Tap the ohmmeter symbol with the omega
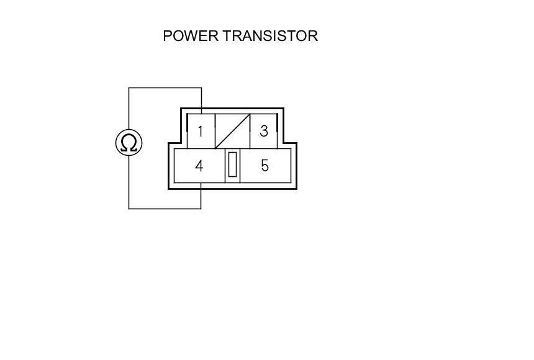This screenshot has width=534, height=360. point(129,143)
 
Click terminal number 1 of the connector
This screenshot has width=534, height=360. point(201,132)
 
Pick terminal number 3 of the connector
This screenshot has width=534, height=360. point(264,132)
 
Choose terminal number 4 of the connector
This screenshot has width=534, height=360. point(199,166)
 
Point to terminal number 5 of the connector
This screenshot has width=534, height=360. point(265,166)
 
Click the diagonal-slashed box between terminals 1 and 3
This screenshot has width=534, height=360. point(232,131)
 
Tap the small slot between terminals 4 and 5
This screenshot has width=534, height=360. point(232,165)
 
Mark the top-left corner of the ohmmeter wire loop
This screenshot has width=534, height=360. point(129,88)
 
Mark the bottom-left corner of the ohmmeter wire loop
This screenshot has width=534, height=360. point(129,209)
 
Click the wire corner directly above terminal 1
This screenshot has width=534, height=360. point(201,88)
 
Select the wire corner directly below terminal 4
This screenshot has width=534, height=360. point(201,209)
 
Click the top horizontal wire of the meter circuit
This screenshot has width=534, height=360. point(165,88)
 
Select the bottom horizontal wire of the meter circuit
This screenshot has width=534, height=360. point(165,209)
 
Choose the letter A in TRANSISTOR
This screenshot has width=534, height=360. point(243,36)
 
